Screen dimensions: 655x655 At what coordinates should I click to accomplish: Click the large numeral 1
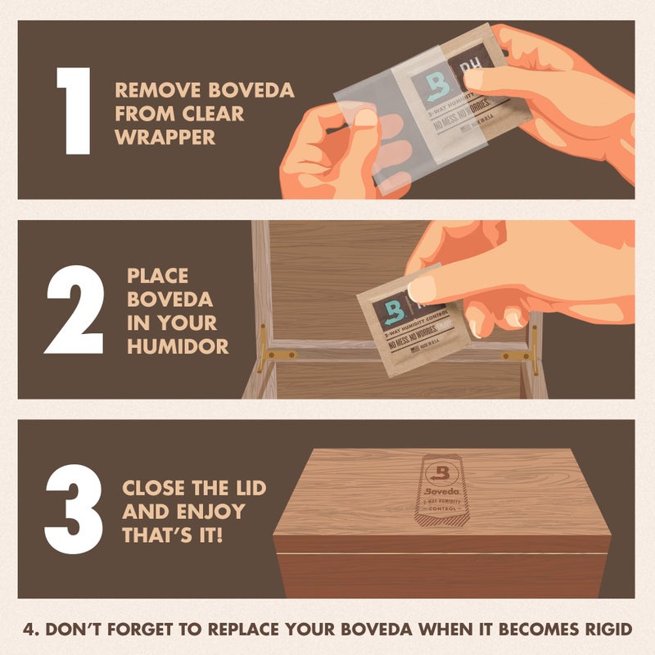(73, 110)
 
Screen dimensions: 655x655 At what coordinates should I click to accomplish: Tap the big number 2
(74, 309)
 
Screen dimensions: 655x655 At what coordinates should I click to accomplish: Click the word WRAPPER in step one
(165, 137)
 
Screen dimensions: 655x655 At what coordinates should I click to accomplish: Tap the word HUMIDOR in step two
(178, 346)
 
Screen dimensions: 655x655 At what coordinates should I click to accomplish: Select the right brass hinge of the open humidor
(520, 355)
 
